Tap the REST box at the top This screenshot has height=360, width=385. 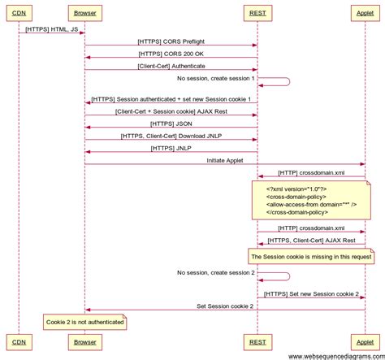pyautogui.click(x=257, y=13)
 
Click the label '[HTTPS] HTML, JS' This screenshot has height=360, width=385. pyautogui.click(x=51, y=28)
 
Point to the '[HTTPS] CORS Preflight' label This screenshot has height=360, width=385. pyautogui.click(x=171, y=41)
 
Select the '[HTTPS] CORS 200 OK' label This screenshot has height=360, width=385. pyautogui.click(x=171, y=53)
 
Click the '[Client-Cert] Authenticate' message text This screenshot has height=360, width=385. pyautogui.click(x=171, y=65)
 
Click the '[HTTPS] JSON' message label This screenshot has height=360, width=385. pyautogui.click(x=171, y=123)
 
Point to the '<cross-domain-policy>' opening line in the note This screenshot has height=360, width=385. pyautogui.click(x=297, y=196)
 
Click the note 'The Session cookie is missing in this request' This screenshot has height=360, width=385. pyautogui.click(x=311, y=256)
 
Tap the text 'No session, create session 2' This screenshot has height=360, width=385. pyautogui.click(x=215, y=272)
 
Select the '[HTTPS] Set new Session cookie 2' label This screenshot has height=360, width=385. pyautogui.click(x=311, y=293)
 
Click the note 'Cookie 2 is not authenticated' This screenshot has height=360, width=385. pyautogui.click(x=85, y=322)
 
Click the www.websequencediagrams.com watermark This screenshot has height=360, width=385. pyautogui.click(x=335, y=355)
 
